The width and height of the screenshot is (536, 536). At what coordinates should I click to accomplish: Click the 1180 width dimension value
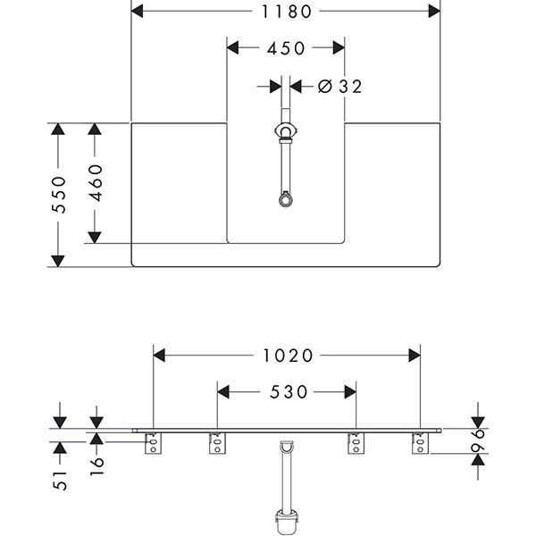(x=286, y=12)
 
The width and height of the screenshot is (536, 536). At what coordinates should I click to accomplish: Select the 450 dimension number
(x=286, y=48)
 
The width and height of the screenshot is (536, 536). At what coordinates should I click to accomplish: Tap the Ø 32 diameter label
(x=340, y=87)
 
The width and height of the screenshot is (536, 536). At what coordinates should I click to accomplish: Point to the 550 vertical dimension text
(x=58, y=195)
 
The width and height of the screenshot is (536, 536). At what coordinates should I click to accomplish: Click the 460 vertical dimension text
(x=96, y=182)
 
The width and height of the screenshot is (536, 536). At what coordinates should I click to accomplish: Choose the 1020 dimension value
(x=288, y=356)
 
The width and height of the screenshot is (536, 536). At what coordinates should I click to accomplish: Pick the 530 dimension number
(x=288, y=392)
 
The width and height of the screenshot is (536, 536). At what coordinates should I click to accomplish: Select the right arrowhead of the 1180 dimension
(x=434, y=12)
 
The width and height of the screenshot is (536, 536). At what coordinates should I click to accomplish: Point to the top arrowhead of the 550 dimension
(x=58, y=130)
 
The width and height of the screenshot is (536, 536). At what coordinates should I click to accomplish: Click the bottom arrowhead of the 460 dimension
(x=96, y=236)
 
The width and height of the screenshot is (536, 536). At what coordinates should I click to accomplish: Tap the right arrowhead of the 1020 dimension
(x=414, y=356)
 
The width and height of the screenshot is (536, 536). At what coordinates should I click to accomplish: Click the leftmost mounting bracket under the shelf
(x=154, y=442)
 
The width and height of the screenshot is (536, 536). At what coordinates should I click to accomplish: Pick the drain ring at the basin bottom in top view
(x=285, y=199)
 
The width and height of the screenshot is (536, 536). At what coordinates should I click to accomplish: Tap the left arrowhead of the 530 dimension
(x=224, y=392)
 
